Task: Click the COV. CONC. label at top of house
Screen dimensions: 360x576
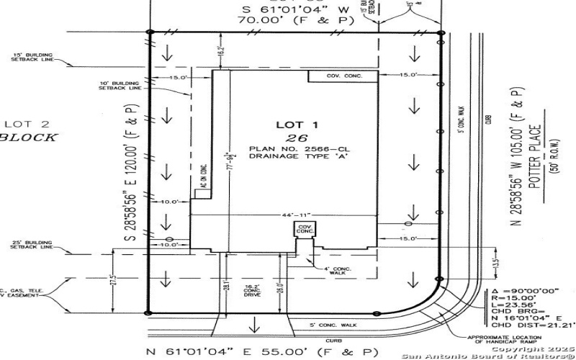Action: click(x=343, y=76)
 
